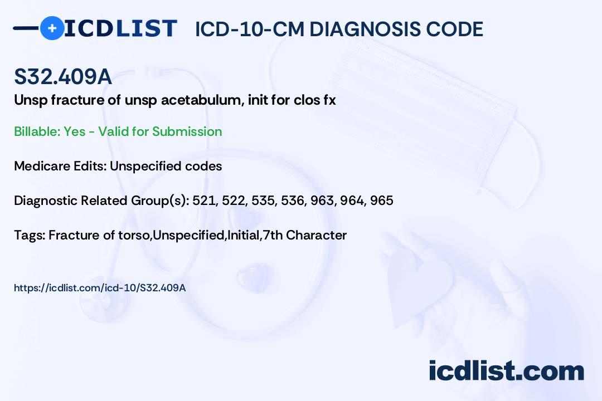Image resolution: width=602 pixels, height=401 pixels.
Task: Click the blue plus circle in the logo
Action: pos(52,28)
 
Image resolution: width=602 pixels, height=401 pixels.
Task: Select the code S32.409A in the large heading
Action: pos(63,76)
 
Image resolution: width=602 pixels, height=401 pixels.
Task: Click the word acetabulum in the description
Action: pos(202,100)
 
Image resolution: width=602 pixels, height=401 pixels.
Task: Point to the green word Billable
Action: pos(37,131)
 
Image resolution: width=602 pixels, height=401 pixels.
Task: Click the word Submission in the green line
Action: pos(187,131)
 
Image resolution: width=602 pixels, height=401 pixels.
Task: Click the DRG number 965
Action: pos(382,200)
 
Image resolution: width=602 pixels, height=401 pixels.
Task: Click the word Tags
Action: pos(30,235)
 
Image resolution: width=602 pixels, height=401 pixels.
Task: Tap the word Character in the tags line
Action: pos(317,235)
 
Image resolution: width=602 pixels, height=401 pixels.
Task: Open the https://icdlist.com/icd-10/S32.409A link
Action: pos(100,288)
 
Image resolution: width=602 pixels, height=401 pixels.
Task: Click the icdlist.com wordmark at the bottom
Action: pos(506,370)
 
